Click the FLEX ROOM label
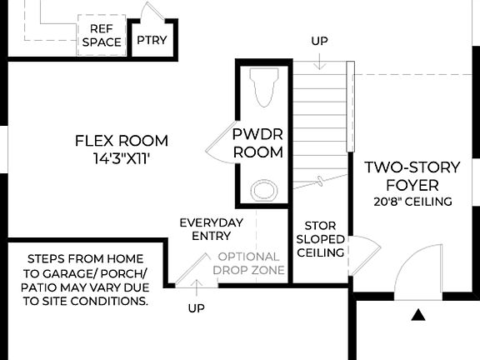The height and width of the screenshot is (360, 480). coord(121,141)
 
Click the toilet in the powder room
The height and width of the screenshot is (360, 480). coord(264,88)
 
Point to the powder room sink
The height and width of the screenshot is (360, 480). coord(264,190)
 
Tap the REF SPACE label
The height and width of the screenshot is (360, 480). coord(102,35)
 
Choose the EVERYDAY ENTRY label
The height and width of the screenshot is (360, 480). coord(212,230)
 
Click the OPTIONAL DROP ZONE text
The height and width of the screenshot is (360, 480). coord(248,264)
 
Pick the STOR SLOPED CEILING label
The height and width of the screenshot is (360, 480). coord(320,239)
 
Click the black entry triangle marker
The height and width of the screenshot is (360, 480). coord(418,314)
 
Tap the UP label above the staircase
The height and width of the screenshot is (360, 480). coord(319,41)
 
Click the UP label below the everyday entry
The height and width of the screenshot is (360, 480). coord(196,308)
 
